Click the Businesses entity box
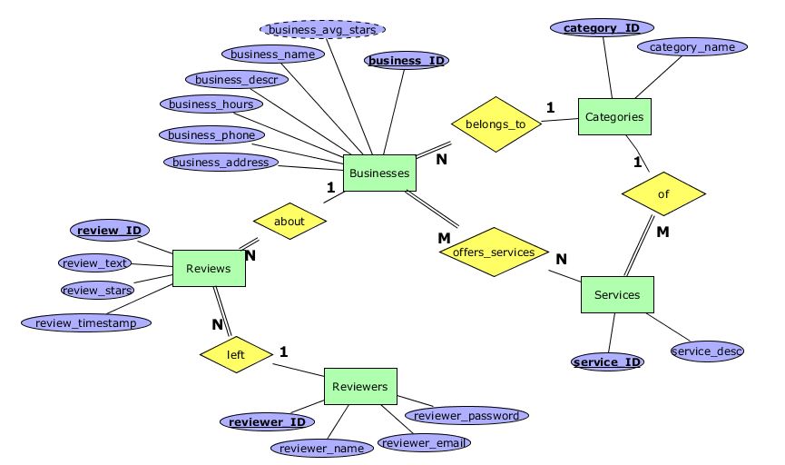[x=379, y=173]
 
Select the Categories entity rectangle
[x=614, y=117]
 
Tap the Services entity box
[x=617, y=294]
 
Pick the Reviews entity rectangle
[x=209, y=268]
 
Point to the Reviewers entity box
[x=360, y=387]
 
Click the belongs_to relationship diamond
[x=496, y=124]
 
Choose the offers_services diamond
[x=494, y=252]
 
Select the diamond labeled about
[x=289, y=221]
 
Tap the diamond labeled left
[x=236, y=355]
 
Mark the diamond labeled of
[x=663, y=193]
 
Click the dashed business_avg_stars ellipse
[x=322, y=30]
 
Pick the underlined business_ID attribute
[x=407, y=61]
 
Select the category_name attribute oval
[x=692, y=46]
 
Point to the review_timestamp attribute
[x=87, y=322]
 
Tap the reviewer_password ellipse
[x=466, y=416]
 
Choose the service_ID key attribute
[x=607, y=362]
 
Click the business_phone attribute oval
[x=211, y=135]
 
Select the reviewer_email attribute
[x=424, y=443]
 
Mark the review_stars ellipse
[x=97, y=291]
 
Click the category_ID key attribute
[x=602, y=28]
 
